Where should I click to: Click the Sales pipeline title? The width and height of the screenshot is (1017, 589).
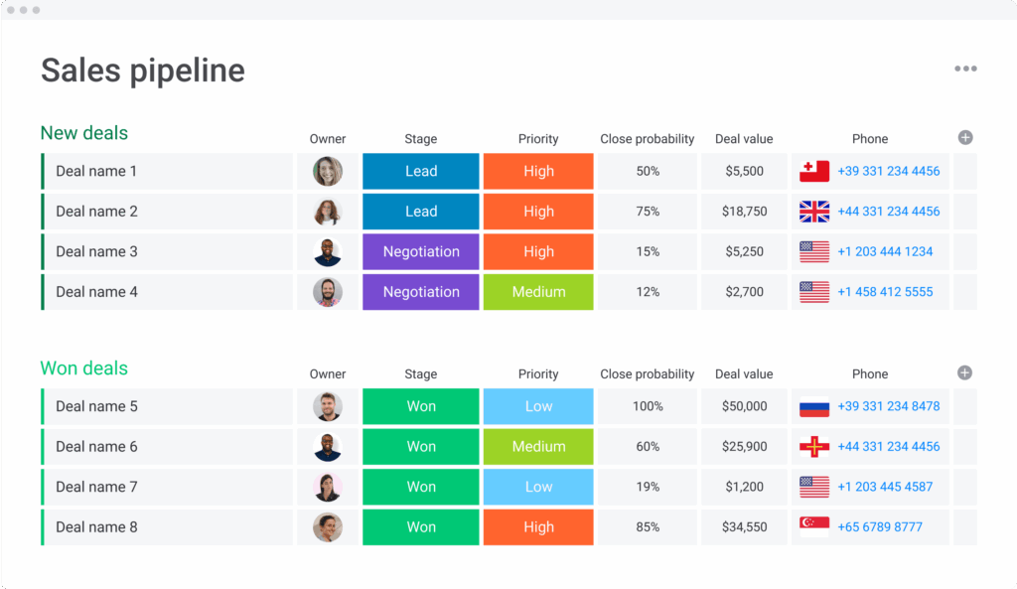click(x=142, y=71)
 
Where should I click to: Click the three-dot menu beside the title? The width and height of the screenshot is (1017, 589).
click(x=965, y=69)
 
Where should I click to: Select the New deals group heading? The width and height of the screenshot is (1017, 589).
click(x=84, y=133)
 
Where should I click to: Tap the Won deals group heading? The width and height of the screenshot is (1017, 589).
click(x=84, y=368)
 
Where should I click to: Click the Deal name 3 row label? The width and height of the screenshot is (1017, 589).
click(x=96, y=251)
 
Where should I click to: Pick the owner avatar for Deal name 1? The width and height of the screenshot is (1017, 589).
click(x=328, y=171)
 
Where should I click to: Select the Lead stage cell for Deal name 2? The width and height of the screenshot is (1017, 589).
click(x=421, y=212)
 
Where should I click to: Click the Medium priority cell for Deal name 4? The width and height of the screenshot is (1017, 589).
click(x=538, y=292)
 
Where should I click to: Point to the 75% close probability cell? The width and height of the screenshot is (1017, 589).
click(x=648, y=212)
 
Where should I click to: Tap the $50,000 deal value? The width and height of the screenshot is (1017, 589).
click(x=745, y=406)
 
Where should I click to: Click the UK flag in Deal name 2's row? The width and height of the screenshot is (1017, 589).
click(x=814, y=212)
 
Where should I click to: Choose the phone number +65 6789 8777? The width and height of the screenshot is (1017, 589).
click(x=880, y=526)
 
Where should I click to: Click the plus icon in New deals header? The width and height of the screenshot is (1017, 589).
click(x=965, y=138)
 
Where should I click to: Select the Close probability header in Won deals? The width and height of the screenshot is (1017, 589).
click(x=648, y=374)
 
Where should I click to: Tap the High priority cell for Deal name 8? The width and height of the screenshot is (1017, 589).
click(x=538, y=526)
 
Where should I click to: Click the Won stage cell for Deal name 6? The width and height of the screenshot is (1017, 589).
click(x=421, y=447)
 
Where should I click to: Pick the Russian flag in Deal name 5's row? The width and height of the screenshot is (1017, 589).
click(x=814, y=406)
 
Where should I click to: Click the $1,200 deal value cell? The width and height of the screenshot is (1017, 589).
click(x=745, y=487)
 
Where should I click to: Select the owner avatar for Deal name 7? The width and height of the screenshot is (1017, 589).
click(x=328, y=487)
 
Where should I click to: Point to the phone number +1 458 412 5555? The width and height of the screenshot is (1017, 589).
click(x=885, y=292)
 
